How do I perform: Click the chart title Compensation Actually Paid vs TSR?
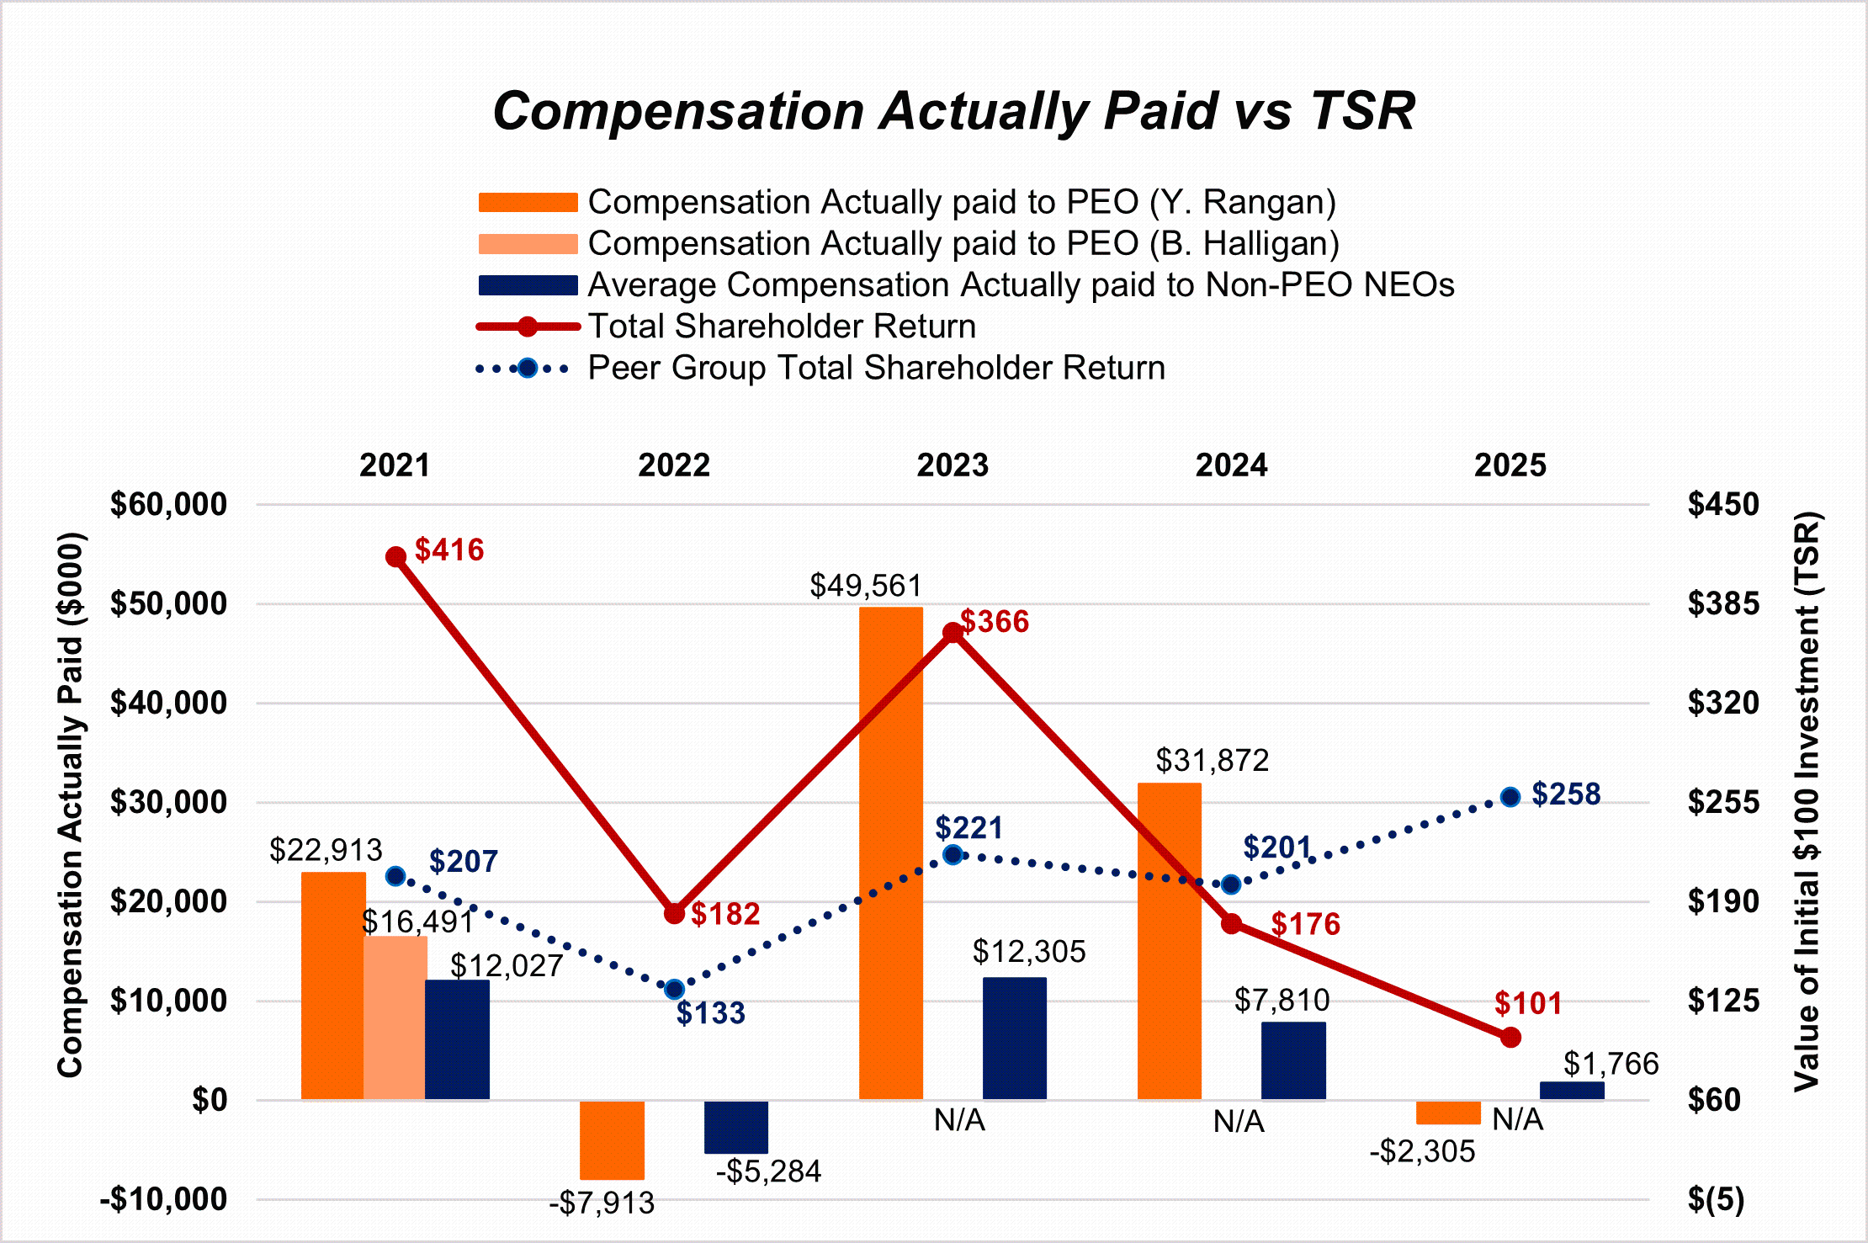pyautogui.click(x=953, y=112)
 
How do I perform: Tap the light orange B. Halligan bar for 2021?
pyautogui.click(x=395, y=1017)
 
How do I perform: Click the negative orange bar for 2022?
pyautogui.click(x=612, y=1140)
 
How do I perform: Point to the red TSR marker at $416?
pyautogui.click(x=395, y=557)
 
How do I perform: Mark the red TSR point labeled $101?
pyautogui.click(x=1510, y=1038)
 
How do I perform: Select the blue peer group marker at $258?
pyautogui.click(x=1510, y=797)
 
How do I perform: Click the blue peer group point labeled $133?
pyautogui.click(x=674, y=990)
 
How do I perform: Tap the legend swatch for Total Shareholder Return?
pyautogui.click(x=528, y=327)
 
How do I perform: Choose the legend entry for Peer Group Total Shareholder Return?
pyautogui.click(x=876, y=368)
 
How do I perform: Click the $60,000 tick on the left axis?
pyautogui.click(x=168, y=505)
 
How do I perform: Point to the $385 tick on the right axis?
pyautogui.click(x=1722, y=604)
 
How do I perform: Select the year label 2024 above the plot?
pyautogui.click(x=1231, y=465)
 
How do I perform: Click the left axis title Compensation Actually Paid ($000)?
pyautogui.click(x=71, y=804)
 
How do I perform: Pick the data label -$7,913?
pyautogui.click(x=602, y=1203)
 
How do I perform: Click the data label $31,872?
pyautogui.click(x=1212, y=761)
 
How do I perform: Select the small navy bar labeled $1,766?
pyautogui.click(x=1572, y=1091)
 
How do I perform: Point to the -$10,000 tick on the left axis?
pyautogui.click(x=164, y=1199)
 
